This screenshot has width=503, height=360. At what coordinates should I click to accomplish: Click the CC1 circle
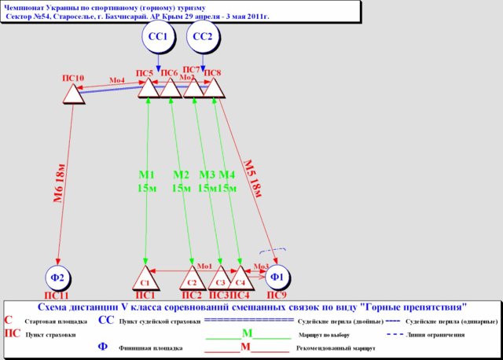158,37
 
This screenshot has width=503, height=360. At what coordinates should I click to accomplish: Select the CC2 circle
203,37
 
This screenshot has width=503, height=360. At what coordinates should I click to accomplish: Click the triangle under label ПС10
73,94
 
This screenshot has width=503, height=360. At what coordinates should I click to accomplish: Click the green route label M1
146,174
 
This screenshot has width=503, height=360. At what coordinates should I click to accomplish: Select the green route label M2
182,174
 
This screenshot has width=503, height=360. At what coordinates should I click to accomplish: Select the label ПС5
145,73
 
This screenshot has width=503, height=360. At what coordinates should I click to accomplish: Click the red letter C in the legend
9,321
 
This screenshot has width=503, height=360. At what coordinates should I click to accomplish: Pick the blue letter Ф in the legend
102,347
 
